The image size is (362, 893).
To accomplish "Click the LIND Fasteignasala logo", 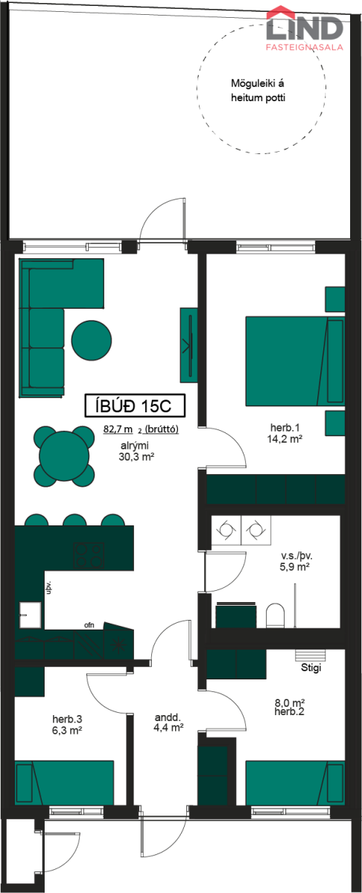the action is click(305, 29).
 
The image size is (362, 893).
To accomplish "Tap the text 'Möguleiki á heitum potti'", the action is click(258, 91).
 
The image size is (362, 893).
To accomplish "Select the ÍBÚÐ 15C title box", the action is click(135, 406).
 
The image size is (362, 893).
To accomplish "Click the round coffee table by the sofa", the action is click(92, 341).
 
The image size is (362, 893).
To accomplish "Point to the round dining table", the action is click(64, 456).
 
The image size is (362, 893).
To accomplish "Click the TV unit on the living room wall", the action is click(188, 345).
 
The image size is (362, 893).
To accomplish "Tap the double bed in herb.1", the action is click(295, 361).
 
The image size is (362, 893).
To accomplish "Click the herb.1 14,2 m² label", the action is click(285, 433).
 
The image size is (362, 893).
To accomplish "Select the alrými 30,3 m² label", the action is click(136, 451).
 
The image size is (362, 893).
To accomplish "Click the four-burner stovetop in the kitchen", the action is click(89, 555).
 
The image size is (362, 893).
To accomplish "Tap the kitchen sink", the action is click(31, 615).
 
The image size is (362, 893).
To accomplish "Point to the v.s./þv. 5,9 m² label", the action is click(296, 561).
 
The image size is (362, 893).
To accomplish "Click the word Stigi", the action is click(311, 668).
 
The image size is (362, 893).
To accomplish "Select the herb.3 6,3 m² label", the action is click(68, 725).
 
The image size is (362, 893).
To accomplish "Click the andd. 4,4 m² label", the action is click(168, 723).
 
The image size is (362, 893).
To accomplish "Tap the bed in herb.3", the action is click(64, 783).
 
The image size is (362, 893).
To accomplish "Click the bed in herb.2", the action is click(295, 783).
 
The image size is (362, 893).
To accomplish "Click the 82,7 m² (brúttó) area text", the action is click(141, 429).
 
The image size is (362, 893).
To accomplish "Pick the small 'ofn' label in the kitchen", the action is click(89, 624).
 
